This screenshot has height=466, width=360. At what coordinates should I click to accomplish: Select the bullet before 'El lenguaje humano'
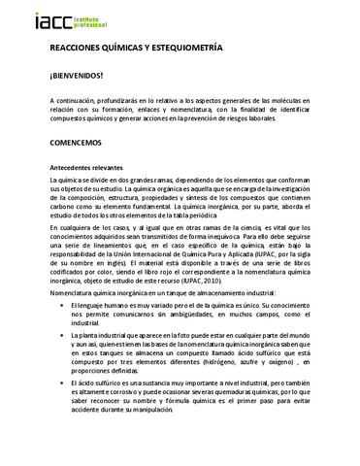(60, 305)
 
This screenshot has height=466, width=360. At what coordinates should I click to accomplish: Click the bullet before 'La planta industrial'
(60, 336)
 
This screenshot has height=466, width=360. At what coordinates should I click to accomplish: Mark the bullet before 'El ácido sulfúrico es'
(60, 385)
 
